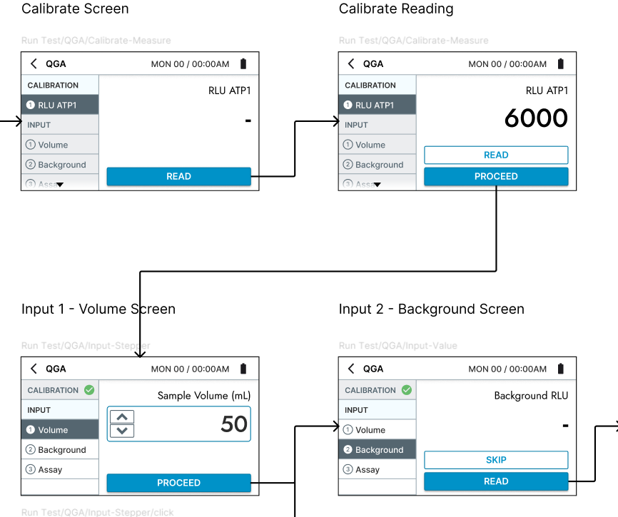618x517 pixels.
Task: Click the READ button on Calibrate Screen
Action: point(178,177)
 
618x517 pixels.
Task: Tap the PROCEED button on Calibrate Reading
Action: point(496,177)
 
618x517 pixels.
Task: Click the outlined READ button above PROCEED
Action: point(496,155)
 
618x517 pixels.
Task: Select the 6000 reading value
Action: point(536,118)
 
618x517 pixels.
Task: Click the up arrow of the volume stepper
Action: point(122,416)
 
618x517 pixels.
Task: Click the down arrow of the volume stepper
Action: point(122,430)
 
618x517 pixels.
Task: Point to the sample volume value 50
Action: point(233,424)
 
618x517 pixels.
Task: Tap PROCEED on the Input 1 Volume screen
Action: point(178,483)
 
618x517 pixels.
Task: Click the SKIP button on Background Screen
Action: point(496,460)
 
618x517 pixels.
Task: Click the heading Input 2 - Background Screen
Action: point(431,309)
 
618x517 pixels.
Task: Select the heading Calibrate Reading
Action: point(395,9)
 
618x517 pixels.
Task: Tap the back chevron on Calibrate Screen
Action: point(34,64)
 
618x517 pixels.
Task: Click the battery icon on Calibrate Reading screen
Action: point(560,64)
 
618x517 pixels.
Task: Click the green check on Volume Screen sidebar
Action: point(89,390)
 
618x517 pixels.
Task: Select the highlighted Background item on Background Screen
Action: point(378,450)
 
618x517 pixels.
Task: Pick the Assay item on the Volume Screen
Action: point(50,470)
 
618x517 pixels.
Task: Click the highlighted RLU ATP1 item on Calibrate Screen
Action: point(60,105)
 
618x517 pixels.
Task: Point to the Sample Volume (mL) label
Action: point(204,396)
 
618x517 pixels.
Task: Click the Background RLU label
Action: point(531,396)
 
